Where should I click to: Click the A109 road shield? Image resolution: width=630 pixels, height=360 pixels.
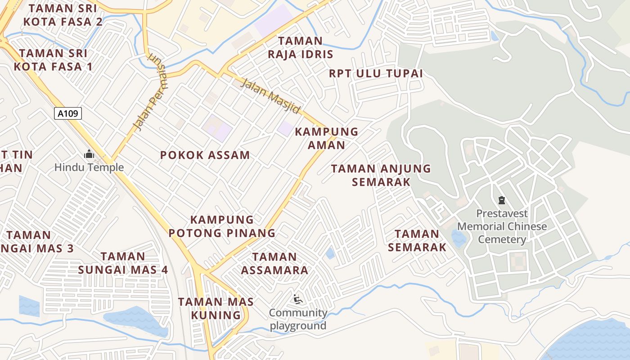68,113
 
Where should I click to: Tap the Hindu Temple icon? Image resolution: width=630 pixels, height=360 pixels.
89,155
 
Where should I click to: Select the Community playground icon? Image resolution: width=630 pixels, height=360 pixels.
297,299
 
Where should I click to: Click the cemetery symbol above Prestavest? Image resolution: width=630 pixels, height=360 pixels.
502,200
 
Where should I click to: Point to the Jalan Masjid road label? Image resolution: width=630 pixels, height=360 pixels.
270,96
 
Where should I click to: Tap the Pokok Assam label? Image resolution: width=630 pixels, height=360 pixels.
205,156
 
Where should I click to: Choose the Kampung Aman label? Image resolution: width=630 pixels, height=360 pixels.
327,138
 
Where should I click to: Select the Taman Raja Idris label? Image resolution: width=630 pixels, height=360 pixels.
301,48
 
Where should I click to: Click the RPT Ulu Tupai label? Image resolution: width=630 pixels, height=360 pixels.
376,73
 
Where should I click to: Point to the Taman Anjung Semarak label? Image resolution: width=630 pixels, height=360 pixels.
381,175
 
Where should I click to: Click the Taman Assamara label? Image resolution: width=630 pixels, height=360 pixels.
274,263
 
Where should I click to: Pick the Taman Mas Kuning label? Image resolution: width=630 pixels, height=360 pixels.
216,308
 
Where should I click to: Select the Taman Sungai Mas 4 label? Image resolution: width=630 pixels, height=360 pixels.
123,263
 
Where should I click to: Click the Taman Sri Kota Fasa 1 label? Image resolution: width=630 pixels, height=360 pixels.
53,60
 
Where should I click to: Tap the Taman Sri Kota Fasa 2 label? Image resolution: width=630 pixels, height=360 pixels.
63,15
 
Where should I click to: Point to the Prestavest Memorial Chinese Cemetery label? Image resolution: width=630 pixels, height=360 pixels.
502,226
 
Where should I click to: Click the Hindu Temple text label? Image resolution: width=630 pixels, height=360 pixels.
89,168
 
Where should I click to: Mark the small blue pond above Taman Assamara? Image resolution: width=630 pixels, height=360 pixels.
330,253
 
